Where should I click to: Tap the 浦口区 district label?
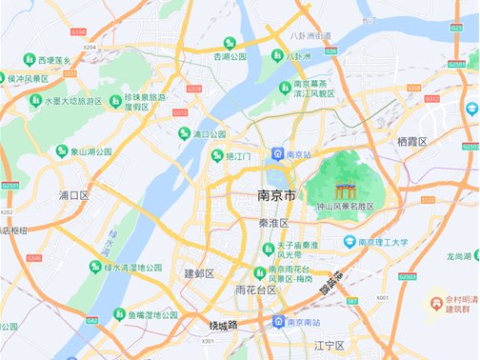(73, 195)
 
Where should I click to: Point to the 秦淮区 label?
(273, 223)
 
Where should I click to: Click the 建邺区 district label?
(199, 273)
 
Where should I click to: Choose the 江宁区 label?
(332, 344)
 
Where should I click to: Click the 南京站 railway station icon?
(276, 154)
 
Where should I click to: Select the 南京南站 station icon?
(277, 322)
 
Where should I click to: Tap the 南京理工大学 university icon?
(350, 242)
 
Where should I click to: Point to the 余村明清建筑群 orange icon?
(438, 301)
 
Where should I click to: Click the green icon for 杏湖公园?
(230, 43)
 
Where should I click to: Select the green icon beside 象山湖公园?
(62, 151)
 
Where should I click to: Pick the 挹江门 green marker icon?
(217, 154)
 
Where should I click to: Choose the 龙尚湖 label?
(460, 257)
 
